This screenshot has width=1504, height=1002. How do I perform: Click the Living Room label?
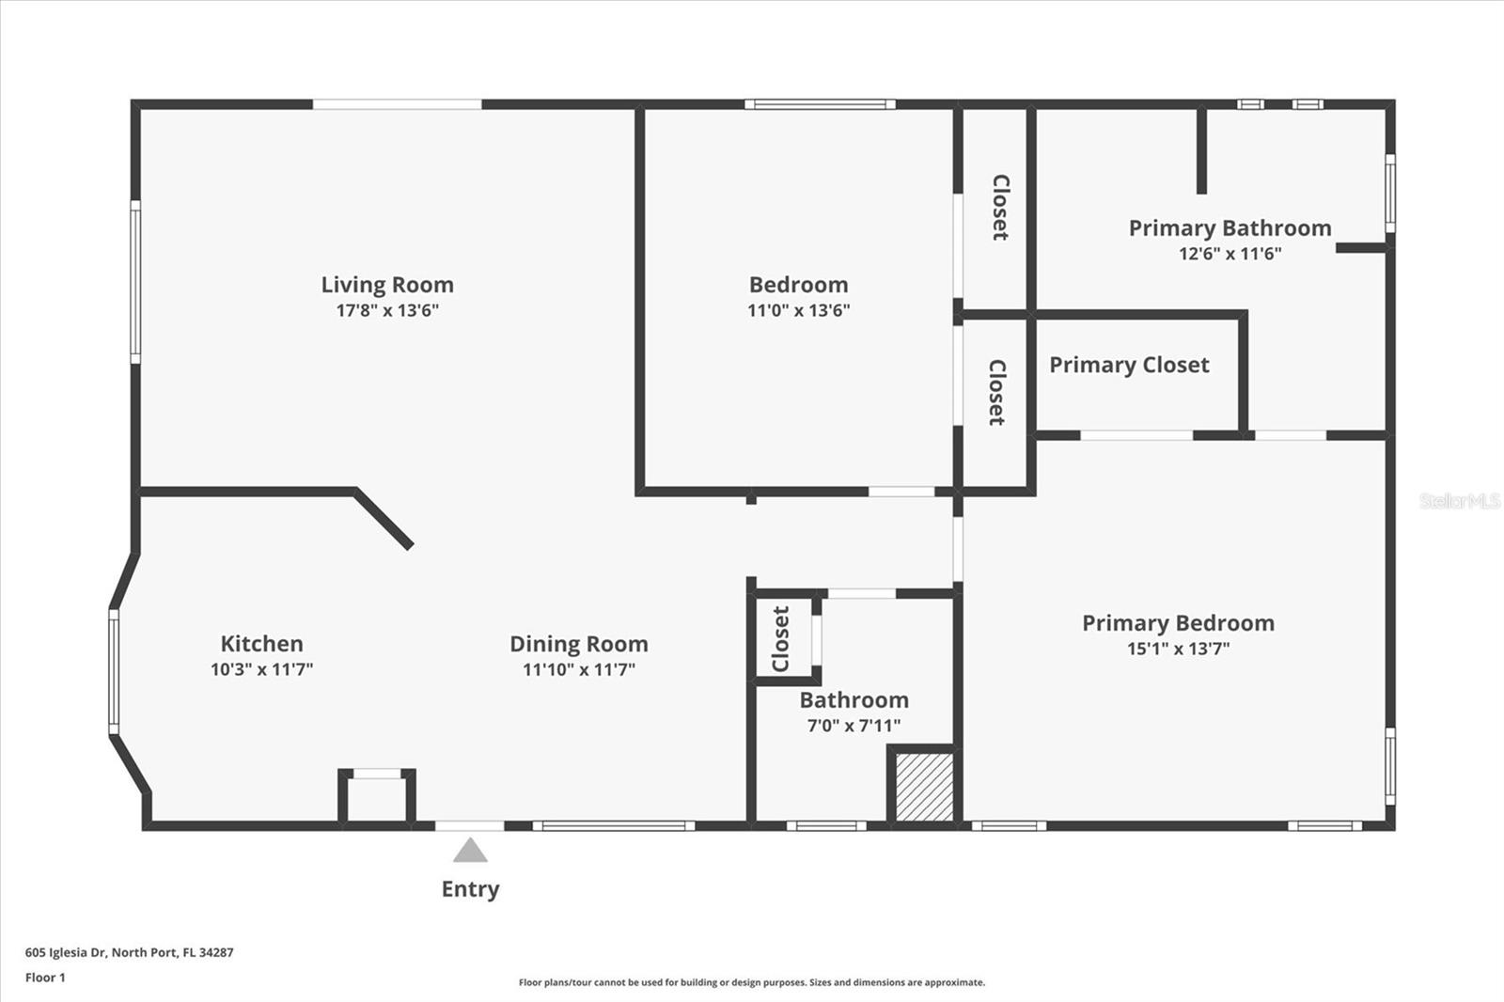(387, 285)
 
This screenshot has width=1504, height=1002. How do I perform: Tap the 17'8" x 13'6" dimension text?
(387, 310)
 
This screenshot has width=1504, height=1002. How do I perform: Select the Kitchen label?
(261, 644)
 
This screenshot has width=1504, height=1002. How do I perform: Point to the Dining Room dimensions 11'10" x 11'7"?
(579, 669)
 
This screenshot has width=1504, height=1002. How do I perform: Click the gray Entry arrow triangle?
(470, 852)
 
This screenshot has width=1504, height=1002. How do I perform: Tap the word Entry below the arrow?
(470, 889)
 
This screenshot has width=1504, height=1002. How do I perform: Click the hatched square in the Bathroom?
(924, 786)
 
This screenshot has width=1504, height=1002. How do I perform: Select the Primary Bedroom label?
(1178, 623)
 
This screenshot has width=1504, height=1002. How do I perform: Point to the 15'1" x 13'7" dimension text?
(1178, 649)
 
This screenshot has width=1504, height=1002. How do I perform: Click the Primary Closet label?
(1129, 365)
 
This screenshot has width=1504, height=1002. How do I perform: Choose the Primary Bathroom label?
(1230, 228)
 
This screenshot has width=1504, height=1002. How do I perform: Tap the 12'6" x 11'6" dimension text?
(1230, 254)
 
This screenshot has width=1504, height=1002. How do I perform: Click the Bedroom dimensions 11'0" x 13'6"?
(798, 310)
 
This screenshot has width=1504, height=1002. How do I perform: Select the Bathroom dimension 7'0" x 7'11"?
(854, 726)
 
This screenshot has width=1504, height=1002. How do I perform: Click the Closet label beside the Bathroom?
(781, 639)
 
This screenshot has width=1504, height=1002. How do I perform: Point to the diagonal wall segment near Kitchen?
(384, 518)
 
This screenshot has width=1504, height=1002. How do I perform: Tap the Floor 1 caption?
(45, 978)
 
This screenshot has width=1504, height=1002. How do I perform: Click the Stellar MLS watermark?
(1460, 501)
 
